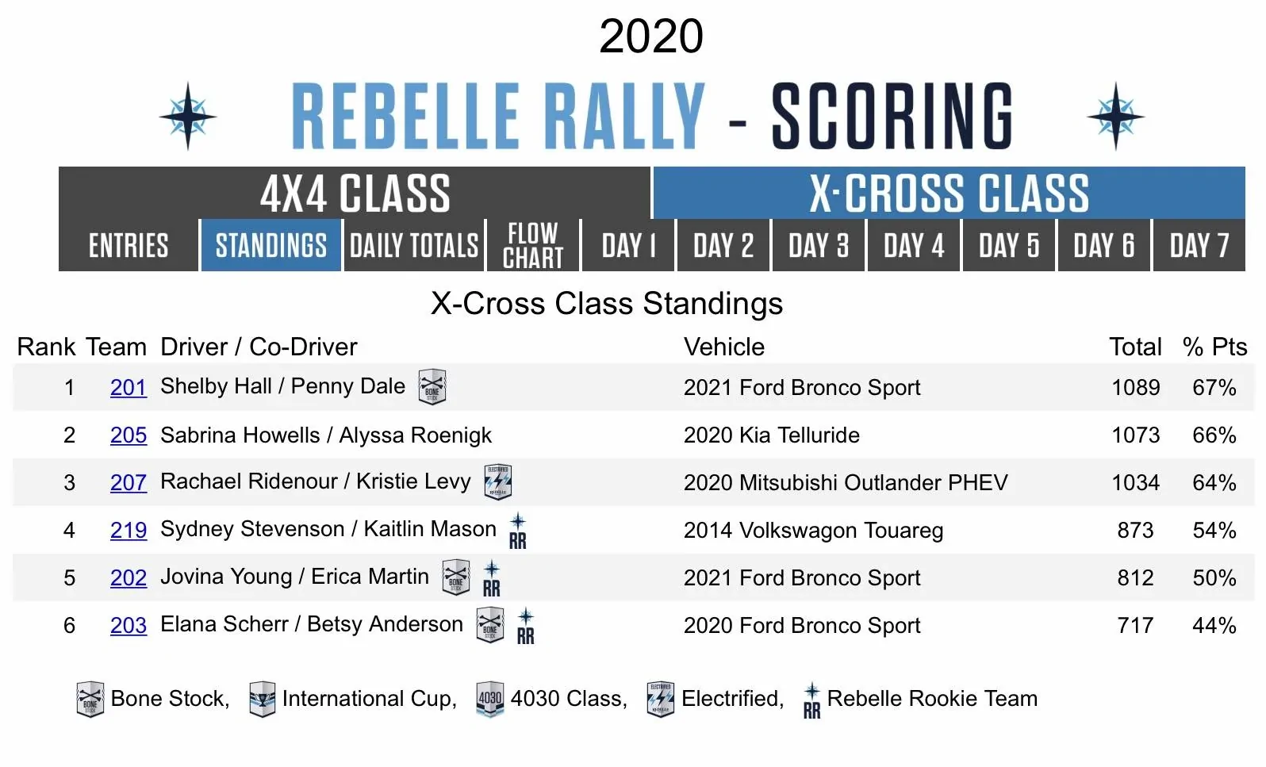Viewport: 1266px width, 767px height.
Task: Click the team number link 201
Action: (x=129, y=387)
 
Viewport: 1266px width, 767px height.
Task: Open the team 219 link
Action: (x=129, y=530)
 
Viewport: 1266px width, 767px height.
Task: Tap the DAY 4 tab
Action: (x=914, y=246)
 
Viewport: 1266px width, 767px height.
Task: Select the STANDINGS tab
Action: (x=270, y=246)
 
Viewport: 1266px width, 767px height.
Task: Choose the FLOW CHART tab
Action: (x=533, y=246)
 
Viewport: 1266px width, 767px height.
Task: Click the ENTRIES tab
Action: (x=129, y=246)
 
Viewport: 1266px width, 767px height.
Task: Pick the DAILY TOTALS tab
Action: (x=414, y=246)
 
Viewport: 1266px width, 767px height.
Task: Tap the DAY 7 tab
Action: (x=1199, y=246)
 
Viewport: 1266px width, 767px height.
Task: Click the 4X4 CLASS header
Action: (x=355, y=194)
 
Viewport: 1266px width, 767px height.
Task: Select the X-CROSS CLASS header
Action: (x=949, y=194)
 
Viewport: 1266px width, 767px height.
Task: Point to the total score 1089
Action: (x=1135, y=387)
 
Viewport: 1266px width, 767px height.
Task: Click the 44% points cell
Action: (x=1214, y=625)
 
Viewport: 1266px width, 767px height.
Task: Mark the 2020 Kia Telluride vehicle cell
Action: (x=771, y=435)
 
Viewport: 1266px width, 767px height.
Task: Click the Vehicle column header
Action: (x=724, y=347)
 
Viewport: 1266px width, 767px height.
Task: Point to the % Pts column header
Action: (x=1214, y=347)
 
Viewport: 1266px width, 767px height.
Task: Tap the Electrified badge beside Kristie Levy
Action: (x=498, y=481)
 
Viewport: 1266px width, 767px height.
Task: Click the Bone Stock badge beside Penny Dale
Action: (x=432, y=387)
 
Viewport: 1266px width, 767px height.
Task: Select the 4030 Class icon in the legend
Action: (x=490, y=699)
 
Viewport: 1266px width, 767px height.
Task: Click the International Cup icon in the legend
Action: (x=262, y=699)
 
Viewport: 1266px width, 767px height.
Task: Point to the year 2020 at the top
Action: (x=650, y=36)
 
